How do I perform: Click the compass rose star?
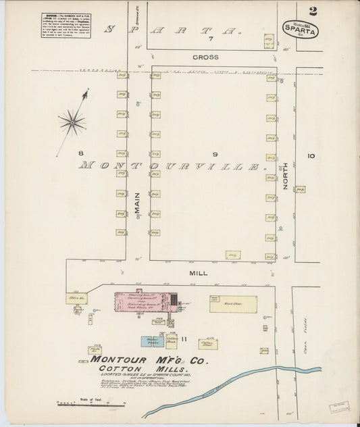(72, 123)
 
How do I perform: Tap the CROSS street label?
(206, 57)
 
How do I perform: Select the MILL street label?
(199, 273)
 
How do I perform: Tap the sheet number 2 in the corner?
(332, 11)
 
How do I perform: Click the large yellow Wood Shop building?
(234, 304)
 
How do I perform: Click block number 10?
(310, 156)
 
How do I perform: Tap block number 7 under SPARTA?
(211, 39)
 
